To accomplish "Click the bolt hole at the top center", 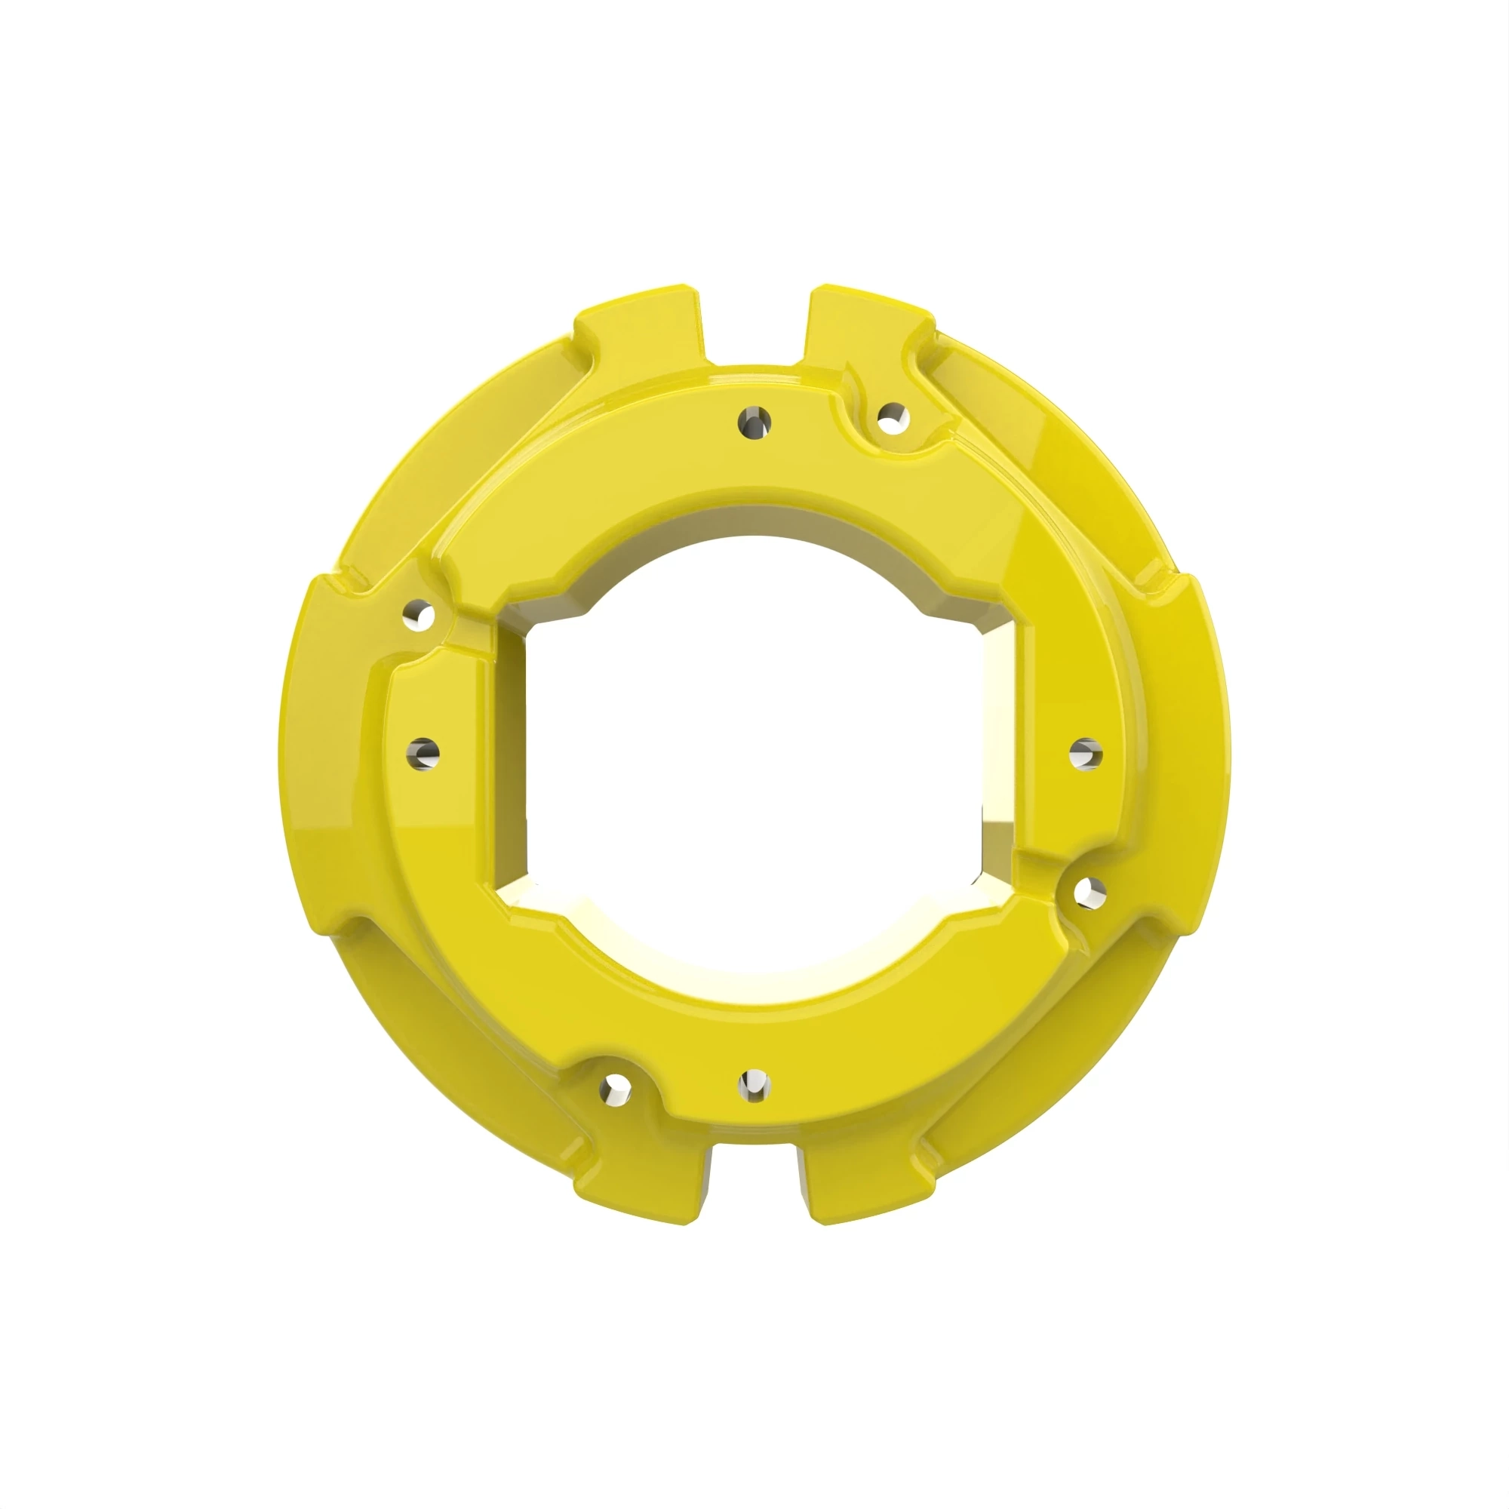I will pyautogui.click(x=754, y=422).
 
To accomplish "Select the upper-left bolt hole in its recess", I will pyautogui.click(x=421, y=615).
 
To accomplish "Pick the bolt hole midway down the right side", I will pyautogui.click(x=1086, y=754).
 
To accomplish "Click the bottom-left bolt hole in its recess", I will pyautogui.click(x=616, y=1086).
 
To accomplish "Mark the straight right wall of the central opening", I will pyautogui.click(x=1000, y=754).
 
